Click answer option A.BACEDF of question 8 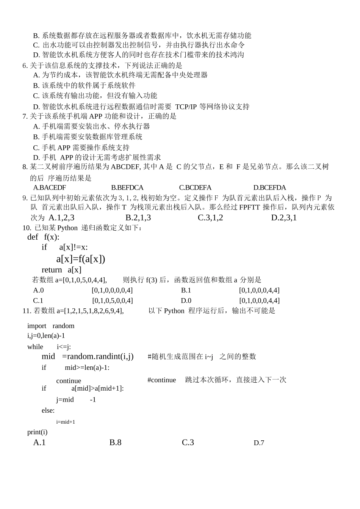coord(49,187)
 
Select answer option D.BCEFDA coord(269,187)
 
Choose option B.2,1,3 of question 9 coord(138,217)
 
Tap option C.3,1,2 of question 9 coord(210,217)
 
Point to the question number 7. coord(25,116)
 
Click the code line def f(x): coord(43,237)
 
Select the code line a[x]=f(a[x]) coord(80,259)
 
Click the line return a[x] coord(61,270)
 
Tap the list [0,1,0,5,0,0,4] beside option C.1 coord(112,300)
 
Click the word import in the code coord(37,326)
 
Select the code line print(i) coord(37,432)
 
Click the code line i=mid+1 coord(66,422)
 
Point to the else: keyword coord(48,410)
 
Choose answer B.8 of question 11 coord(115,442)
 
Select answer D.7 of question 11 coord(259,443)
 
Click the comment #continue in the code coord(161,380)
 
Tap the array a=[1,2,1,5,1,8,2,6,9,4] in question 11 coord(90,311)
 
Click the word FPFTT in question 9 coord(250,207)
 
